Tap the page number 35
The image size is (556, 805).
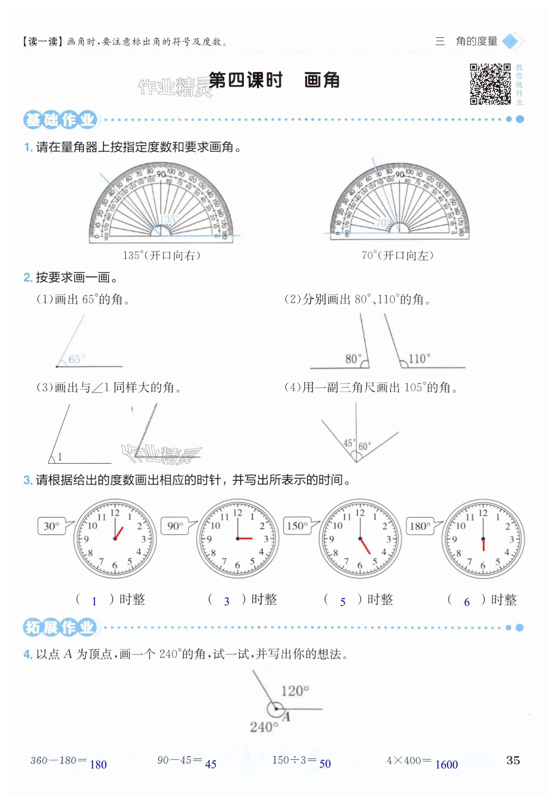513,760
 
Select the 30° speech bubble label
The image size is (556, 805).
51,526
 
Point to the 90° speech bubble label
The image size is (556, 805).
175,526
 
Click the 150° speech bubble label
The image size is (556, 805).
297,526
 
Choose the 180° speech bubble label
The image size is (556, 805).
420,526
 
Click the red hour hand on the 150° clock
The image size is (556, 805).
365,546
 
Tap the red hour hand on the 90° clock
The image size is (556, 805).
245,539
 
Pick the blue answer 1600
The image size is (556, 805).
446,765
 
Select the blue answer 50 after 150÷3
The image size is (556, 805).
325,764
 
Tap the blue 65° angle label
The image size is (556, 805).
77,359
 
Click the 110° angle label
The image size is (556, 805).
419,358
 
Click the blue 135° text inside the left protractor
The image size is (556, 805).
169,219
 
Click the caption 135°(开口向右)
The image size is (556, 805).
162,256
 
